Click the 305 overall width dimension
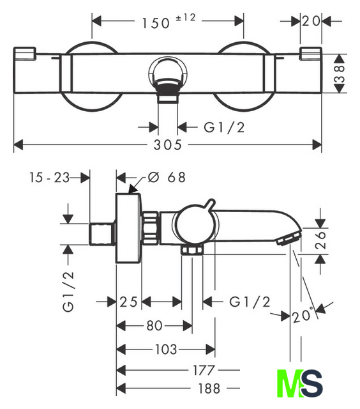(x=167, y=145)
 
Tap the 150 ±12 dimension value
(x=169, y=21)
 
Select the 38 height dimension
(x=340, y=73)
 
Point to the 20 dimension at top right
(x=311, y=21)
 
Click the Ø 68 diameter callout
(x=167, y=178)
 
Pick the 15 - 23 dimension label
(x=50, y=178)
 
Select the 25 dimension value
(x=128, y=302)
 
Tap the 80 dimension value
(x=154, y=325)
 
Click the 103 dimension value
(x=166, y=350)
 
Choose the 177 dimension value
(x=204, y=370)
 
